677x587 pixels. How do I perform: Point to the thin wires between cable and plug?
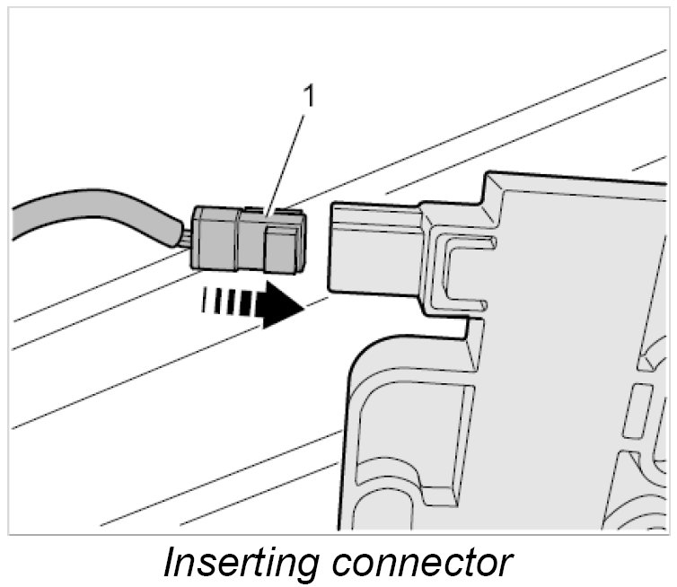185,238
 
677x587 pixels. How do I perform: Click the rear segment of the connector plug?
215,238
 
